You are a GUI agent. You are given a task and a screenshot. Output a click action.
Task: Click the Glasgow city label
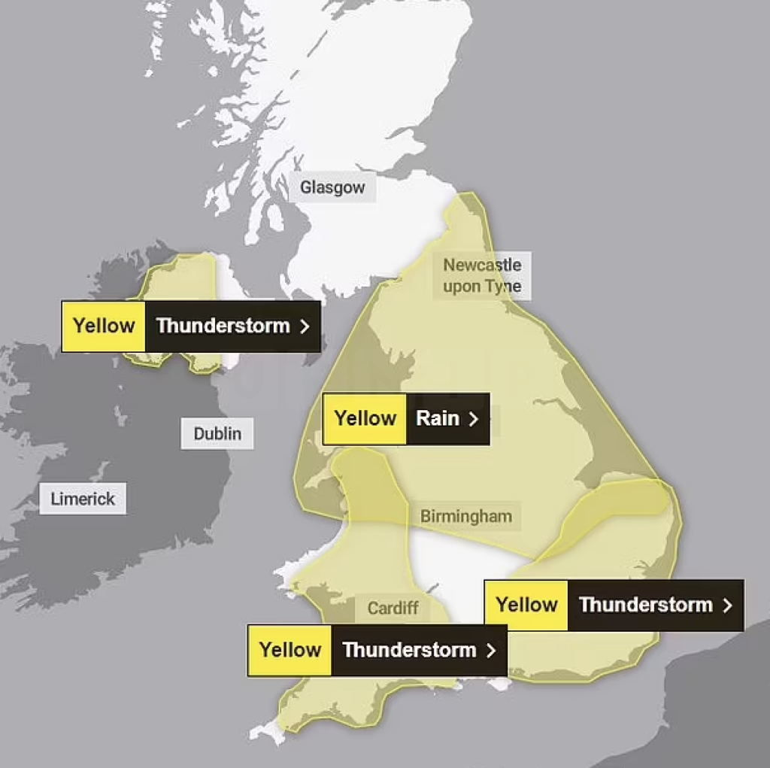332,187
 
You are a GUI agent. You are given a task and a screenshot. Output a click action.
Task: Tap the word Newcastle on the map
482,265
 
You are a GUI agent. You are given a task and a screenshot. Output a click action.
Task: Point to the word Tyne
503,287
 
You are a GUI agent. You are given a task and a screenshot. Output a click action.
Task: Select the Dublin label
217,434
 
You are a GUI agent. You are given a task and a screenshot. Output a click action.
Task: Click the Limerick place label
83,499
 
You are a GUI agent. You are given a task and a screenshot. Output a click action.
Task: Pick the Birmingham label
465,517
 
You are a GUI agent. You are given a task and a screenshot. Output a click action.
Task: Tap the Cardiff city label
393,608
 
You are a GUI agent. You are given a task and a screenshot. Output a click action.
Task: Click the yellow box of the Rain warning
365,418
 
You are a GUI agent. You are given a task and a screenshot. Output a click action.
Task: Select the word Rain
438,418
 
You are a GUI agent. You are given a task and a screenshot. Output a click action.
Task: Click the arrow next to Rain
473,419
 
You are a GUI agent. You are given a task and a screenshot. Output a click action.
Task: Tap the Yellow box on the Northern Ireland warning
104,326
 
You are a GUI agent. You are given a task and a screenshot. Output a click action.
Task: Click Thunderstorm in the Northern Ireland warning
223,326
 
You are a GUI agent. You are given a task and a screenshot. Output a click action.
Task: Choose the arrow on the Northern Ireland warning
305,326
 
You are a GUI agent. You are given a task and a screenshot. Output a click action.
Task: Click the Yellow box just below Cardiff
290,650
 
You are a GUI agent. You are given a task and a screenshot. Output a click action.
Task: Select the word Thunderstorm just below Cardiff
409,650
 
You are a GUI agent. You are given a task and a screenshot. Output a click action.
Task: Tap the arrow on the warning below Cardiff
491,651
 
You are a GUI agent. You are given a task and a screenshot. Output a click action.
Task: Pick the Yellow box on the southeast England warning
526,605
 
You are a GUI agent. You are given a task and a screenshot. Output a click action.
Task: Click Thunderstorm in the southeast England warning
645,605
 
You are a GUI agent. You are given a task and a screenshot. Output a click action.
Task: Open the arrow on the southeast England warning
727,606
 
